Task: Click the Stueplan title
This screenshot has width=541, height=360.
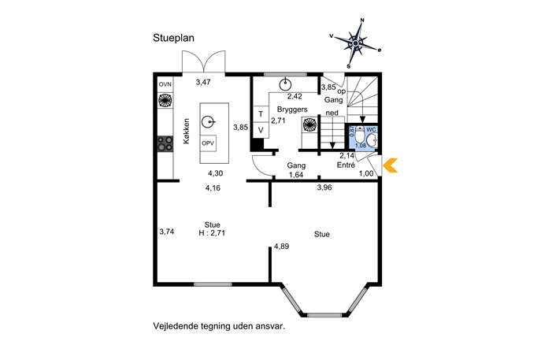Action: [173, 38]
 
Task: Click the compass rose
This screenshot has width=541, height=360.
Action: [355, 43]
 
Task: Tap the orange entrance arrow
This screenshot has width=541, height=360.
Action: [391, 165]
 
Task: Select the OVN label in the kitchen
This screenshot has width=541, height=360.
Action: [165, 84]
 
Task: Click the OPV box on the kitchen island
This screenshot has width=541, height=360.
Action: [208, 143]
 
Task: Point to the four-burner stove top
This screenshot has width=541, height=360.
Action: [165, 143]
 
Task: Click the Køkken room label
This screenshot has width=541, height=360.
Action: [187, 132]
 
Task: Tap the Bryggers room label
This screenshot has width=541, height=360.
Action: [292, 109]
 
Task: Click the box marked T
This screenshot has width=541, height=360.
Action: [261, 114]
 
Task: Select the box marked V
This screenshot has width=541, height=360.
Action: [261, 130]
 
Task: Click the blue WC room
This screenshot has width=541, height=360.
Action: [361, 138]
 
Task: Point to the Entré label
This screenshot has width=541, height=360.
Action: [346, 165]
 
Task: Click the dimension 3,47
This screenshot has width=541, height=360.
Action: [203, 82]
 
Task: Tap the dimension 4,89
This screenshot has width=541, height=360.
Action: [282, 247]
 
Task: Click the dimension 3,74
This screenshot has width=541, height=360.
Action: [167, 232]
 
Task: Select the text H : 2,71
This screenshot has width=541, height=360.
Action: [212, 233]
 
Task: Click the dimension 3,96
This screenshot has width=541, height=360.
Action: [324, 187]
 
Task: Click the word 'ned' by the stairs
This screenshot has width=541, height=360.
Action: [332, 113]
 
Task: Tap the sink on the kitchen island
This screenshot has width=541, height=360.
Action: [208, 122]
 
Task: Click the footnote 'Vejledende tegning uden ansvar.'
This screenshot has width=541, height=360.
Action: [219, 326]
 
